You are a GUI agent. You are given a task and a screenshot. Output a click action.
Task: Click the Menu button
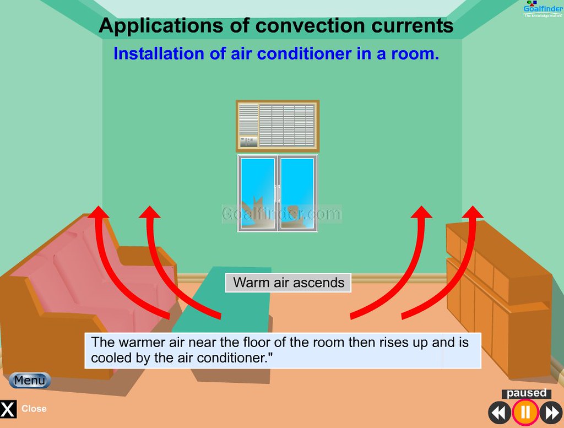click(30, 380)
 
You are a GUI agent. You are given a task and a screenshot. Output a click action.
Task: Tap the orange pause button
click(525, 412)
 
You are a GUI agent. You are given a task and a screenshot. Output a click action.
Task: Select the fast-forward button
click(551, 413)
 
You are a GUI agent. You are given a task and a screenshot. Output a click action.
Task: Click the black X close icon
click(8, 409)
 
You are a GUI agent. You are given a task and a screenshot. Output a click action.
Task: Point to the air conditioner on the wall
click(278, 126)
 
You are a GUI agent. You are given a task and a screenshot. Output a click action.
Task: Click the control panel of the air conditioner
click(248, 142)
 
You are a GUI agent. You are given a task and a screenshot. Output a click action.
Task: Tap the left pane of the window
click(258, 193)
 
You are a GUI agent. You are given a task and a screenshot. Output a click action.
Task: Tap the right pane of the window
click(297, 193)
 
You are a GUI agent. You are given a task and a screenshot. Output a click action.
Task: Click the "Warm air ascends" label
click(289, 283)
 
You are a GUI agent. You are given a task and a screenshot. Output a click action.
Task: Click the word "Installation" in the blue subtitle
click(159, 53)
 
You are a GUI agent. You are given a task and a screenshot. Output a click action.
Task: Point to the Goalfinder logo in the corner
click(543, 9)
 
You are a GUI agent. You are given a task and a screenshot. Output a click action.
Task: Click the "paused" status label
click(527, 393)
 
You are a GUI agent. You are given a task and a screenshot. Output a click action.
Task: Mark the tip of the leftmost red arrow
click(98, 206)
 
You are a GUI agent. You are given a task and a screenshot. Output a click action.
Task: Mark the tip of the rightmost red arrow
click(473, 206)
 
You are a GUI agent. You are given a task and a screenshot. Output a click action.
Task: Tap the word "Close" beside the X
click(34, 409)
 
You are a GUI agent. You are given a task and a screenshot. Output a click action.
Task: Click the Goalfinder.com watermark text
click(281, 214)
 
